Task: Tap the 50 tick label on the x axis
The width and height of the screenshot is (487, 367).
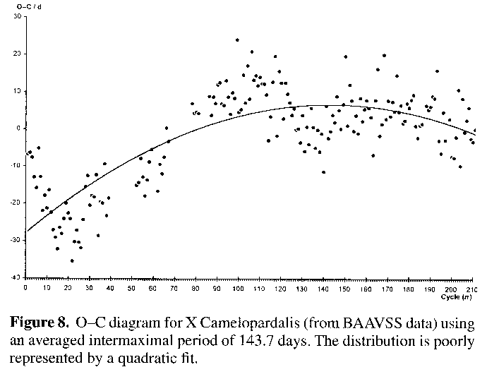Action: pos(132,288)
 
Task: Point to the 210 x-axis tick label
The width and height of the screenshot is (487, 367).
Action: pos(471,288)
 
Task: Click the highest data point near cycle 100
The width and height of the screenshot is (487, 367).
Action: pos(237,40)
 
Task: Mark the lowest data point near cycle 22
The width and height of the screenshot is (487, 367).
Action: pos(72,261)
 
